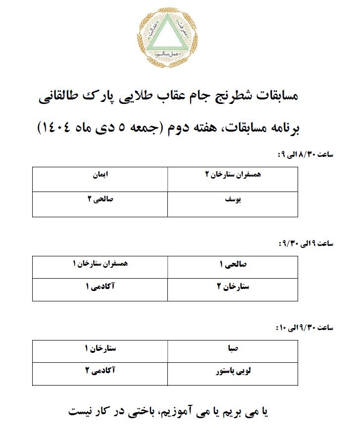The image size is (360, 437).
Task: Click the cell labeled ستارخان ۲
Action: click(233, 289)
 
